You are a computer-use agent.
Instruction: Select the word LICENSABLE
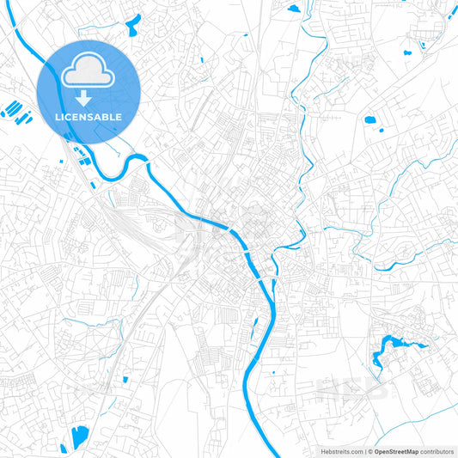point(89,116)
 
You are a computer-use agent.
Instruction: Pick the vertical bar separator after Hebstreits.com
point(364,451)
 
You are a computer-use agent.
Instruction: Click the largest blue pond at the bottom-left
point(80,437)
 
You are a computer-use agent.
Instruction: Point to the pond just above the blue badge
point(133,26)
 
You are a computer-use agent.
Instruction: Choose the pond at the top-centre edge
point(294,9)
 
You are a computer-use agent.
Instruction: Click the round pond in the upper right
point(371,119)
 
